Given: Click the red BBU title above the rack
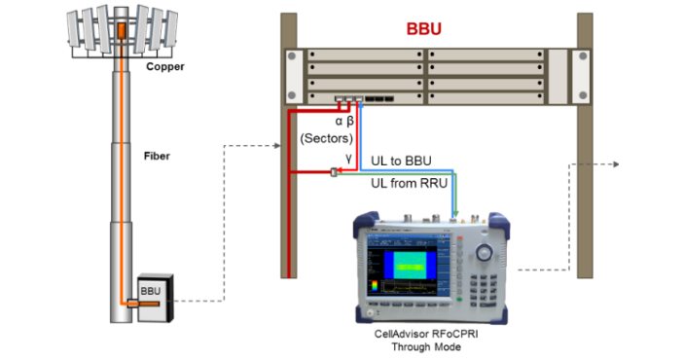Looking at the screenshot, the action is coord(424,29).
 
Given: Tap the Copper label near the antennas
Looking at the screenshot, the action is coord(165,67).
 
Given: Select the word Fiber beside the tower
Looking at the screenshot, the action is coord(157,156).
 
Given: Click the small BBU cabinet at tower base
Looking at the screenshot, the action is coord(156,298).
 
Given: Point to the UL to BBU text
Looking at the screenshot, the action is coord(401,162).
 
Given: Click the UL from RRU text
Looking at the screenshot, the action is coord(409,183).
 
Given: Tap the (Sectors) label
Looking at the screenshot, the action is coord(327,138).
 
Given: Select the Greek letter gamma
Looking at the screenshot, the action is coord(348,158).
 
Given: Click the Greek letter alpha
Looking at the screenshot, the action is coord(339,122).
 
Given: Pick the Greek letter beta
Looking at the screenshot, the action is coord(350,121).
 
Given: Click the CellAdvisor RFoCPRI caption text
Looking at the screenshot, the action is coord(426,335).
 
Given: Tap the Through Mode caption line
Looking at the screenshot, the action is coord(426,347).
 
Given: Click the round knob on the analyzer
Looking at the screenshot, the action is coord(485,252).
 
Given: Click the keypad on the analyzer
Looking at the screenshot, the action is coord(484,290).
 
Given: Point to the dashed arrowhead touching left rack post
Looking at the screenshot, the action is coord(277,146).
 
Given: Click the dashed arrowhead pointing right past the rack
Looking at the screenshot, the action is coord(616,164).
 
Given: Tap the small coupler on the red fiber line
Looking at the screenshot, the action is coord(334,172).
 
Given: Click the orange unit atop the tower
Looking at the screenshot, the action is coord(121,30).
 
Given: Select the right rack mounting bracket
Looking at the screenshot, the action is coord(581,76).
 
